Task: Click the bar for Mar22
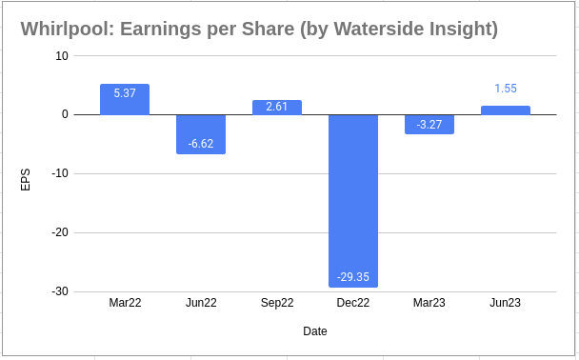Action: click(x=125, y=103)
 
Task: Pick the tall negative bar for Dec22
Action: click(x=353, y=190)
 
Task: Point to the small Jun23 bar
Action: click(x=506, y=110)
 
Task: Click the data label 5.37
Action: click(x=125, y=93)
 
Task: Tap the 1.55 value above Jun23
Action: click(x=506, y=89)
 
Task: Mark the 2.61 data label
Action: click(x=277, y=108)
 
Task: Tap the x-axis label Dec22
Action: click(x=353, y=304)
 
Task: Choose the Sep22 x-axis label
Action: click(x=277, y=304)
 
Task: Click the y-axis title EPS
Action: click(x=26, y=179)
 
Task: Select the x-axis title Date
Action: click(x=315, y=331)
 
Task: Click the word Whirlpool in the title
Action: click(x=62, y=29)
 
